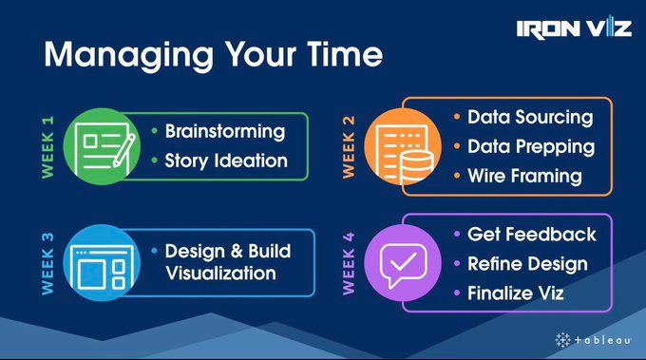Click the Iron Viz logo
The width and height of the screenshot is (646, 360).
point(574,28)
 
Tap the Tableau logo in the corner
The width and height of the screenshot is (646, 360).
point(593,340)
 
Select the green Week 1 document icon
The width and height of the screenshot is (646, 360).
point(102,146)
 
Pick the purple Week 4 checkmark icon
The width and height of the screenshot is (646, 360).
point(403,263)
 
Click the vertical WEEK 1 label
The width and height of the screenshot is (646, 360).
point(47,147)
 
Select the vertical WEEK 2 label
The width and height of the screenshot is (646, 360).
point(349,147)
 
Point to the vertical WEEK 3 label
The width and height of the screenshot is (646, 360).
point(47,264)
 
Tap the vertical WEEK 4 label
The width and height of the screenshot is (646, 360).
point(349,264)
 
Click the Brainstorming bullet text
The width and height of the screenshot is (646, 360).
point(225,132)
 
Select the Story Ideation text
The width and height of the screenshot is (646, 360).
point(226,161)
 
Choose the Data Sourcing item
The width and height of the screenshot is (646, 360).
point(530,118)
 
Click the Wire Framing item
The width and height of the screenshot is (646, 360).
point(524,177)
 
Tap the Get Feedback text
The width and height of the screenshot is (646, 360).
point(532,235)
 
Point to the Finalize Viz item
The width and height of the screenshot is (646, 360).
point(516,294)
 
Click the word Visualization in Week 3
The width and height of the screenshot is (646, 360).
point(220,274)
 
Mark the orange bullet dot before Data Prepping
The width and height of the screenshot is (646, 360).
point(457,146)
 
